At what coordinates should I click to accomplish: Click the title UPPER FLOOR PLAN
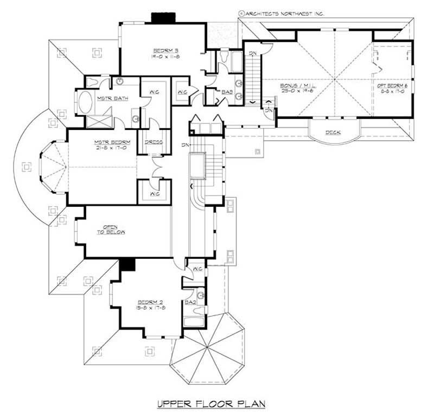(211, 403)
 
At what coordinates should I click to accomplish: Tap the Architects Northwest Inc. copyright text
(280, 12)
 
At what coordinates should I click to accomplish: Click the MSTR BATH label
(108, 99)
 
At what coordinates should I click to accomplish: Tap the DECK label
(333, 133)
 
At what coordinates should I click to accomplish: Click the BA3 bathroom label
(227, 93)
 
